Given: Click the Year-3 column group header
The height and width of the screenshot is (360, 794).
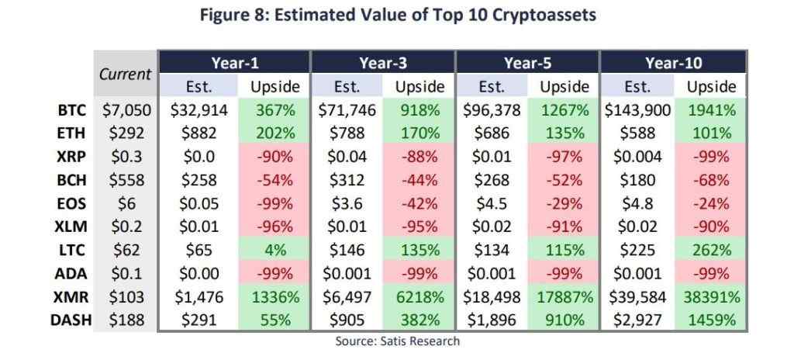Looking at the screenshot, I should coord(383,62).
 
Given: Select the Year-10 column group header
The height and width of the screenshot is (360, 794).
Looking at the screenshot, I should coord(673,62).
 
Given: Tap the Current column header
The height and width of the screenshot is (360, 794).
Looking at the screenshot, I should coord(126,74).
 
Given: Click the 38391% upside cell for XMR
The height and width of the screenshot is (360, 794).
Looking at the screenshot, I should coord(710,297).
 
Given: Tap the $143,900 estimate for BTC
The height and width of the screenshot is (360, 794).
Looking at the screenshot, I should coord(637,110).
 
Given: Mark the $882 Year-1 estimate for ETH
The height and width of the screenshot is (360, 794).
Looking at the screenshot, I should coord(198,133).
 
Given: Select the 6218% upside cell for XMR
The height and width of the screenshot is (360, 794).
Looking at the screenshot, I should coord(420,297).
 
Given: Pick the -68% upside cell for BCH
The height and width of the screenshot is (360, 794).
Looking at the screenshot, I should coord(710,181).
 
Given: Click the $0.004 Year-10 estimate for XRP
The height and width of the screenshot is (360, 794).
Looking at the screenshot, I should coord(637,157).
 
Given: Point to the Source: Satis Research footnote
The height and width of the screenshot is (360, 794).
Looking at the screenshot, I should coord(398,341).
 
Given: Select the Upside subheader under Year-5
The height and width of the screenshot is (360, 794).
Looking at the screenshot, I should coord(564,86).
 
